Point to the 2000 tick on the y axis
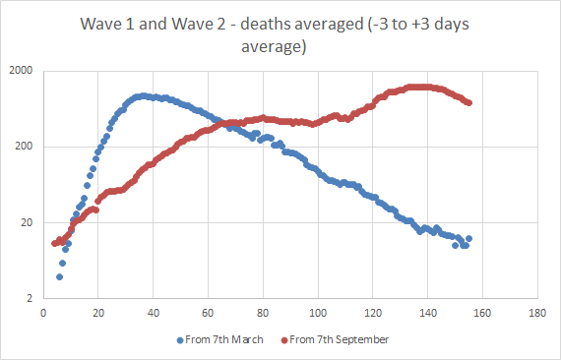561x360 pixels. click(21, 72)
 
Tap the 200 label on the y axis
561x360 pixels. click(24, 148)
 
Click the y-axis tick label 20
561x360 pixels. click(27, 223)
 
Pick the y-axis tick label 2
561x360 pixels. click(30, 299)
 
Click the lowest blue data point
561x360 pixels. click(59, 277)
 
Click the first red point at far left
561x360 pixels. click(54, 244)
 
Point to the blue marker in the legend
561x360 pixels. click(180, 339)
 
